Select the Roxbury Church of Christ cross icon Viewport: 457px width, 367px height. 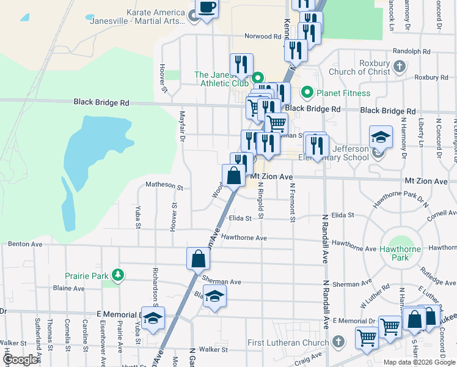399,66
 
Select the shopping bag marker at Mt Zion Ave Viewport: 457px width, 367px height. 234,176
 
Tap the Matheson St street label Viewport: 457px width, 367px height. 164,185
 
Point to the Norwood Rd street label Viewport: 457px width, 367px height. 263,36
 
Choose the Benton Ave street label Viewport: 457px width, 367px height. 25,243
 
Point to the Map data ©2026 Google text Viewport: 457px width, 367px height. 419,362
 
